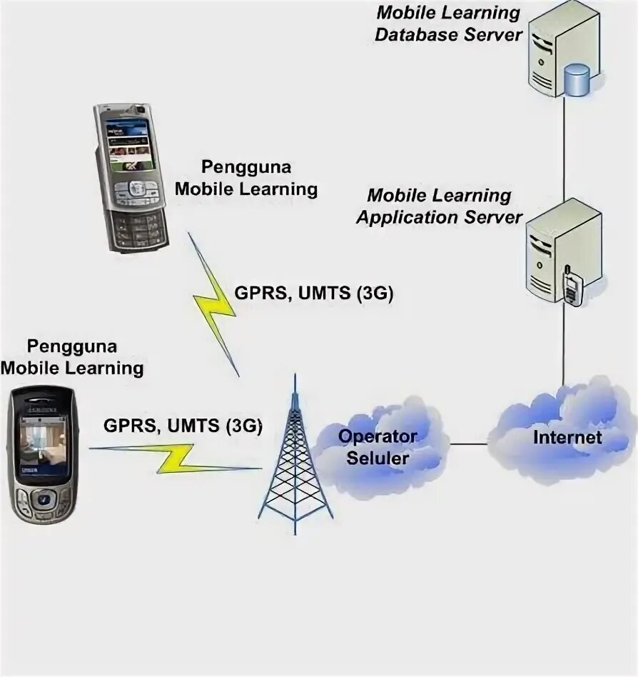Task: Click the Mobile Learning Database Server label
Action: pos(448,23)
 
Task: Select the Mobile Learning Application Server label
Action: pos(440,206)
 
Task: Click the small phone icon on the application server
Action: pos(572,287)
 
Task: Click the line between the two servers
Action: pos(564,150)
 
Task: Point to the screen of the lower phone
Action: pos(42,445)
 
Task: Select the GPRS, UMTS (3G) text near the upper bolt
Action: pos(313,294)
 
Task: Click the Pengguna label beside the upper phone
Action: pos(246,179)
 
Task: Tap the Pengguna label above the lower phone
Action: pos(72,358)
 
